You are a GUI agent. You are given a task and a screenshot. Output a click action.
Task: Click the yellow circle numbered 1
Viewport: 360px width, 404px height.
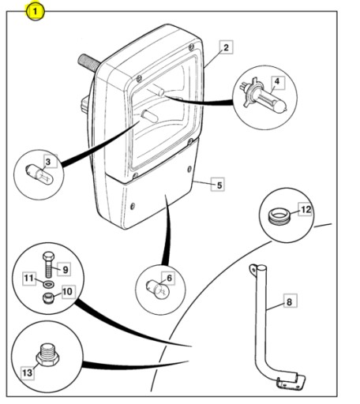tap(36, 11)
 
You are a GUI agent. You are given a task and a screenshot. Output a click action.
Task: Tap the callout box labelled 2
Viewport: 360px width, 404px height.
tap(226, 47)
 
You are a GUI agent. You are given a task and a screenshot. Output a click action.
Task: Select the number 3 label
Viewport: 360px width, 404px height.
tap(48, 161)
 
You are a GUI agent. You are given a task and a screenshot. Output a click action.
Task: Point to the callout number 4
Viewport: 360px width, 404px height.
tap(276, 82)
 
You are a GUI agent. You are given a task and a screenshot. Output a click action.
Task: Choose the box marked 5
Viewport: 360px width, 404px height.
tap(219, 185)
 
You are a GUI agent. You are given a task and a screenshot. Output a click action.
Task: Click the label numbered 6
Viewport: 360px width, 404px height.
tap(169, 278)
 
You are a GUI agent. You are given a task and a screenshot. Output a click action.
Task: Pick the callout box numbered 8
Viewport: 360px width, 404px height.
tap(290, 301)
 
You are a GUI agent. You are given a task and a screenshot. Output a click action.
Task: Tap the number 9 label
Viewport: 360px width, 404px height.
tap(64, 269)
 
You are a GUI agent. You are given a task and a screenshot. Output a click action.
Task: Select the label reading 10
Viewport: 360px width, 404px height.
tap(68, 291)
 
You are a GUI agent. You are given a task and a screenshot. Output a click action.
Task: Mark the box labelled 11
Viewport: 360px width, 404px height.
tap(29, 278)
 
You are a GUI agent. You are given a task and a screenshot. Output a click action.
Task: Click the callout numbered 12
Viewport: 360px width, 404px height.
tap(306, 209)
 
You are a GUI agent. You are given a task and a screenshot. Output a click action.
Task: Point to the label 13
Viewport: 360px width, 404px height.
tap(28, 372)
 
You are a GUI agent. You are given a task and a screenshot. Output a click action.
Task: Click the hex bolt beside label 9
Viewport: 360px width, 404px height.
tap(49, 264)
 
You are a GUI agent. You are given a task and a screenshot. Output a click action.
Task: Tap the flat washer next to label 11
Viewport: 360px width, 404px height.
tap(49, 284)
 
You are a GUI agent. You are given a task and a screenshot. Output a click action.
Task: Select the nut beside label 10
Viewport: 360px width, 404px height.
tap(48, 298)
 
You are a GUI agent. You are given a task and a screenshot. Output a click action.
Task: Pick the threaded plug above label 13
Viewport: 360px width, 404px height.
tap(47, 354)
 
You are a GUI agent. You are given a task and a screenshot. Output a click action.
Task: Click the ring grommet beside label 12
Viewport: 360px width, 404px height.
tap(279, 216)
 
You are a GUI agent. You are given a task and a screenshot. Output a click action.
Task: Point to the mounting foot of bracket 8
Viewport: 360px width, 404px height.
tap(291, 382)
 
